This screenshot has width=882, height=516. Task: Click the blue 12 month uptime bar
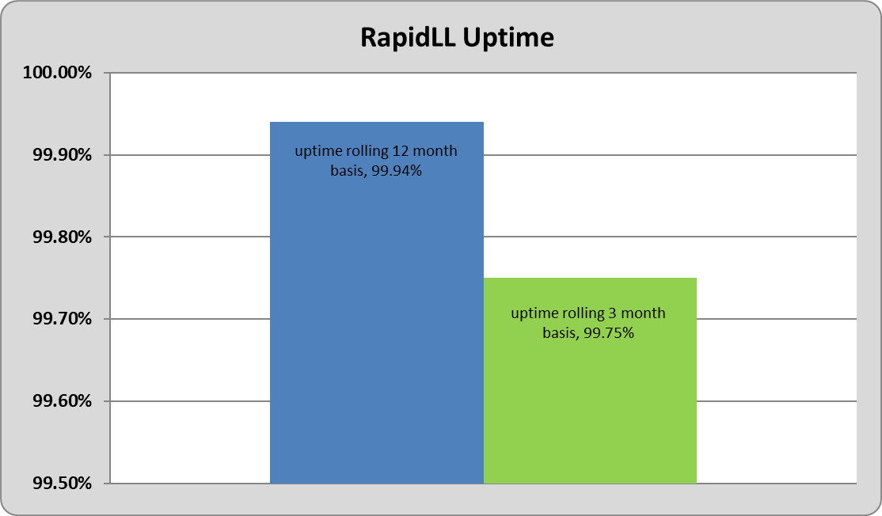coord(376,302)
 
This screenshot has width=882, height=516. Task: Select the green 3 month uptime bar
coord(590,381)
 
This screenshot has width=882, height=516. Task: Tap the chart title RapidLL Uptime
coord(457,38)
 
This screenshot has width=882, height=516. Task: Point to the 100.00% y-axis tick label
coord(57,73)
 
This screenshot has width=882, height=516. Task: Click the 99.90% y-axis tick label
coord(62,154)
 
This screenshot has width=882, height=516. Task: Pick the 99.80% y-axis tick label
coord(62,237)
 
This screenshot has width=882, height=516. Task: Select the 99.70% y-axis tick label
coord(62,319)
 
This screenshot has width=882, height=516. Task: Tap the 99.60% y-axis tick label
coord(62,400)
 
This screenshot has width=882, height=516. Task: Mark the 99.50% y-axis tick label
coord(62,483)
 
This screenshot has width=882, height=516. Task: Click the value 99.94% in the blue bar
coord(397,171)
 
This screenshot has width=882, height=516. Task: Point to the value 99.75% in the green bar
coord(609,332)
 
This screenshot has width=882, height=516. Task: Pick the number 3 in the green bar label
coord(612,313)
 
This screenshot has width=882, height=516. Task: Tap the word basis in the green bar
coord(560,333)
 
